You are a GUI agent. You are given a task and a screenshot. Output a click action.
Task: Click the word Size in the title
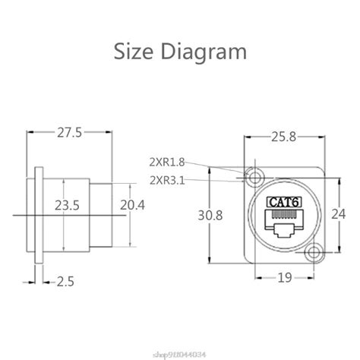tap(136, 52)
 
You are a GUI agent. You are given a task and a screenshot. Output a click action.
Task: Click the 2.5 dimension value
tap(65, 281)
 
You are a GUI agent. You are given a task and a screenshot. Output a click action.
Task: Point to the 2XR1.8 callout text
tap(168, 161)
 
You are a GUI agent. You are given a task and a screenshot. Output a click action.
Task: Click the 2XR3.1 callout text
tap(168, 179)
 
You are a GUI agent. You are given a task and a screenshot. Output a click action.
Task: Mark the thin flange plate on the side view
tap(36, 215)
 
